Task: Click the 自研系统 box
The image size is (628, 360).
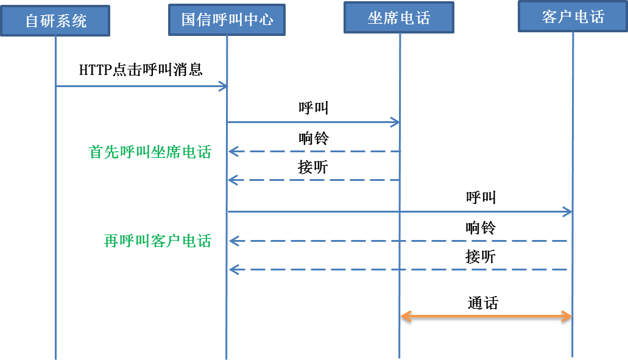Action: pyautogui.click(x=55, y=21)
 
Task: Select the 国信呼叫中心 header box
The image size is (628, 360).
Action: pyautogui.click(x=227, y=20)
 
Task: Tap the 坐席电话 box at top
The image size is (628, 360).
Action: pyautogui.click(x=399, y=18)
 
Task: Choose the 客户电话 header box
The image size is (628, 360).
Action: pyautogui.click(x=573, y=16)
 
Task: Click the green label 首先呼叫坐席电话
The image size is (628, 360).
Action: pyautogui.click(x=150, y=152)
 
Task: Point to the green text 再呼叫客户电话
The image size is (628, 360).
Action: pyautogui.click(x=158, y=241)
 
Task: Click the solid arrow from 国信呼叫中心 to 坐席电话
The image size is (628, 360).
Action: pyautogui.click(x=313, y=122)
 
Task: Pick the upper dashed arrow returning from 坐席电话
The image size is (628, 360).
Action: pyautogui.click(x=314, y=152)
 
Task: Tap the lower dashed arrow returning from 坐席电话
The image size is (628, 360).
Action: pyautogui.click(x=314, y=180)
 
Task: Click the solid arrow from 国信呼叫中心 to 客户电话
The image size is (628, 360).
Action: pyautogui.click(x=399, y=212)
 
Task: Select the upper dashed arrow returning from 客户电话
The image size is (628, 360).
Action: pyautogui.click(x=399, y=241)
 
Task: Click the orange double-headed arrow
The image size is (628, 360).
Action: pyautogui.click(x=486, y=316)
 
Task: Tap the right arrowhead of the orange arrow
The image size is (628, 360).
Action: pyautogui.click(x=566, y=316)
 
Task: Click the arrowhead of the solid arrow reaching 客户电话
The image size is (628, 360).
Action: pyautogui.click(x=567, y=212)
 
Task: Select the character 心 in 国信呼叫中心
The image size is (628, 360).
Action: pyautogui.click(x=266, y=20)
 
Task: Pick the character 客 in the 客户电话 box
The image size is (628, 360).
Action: pyautogui.click(x=549, y=17)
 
